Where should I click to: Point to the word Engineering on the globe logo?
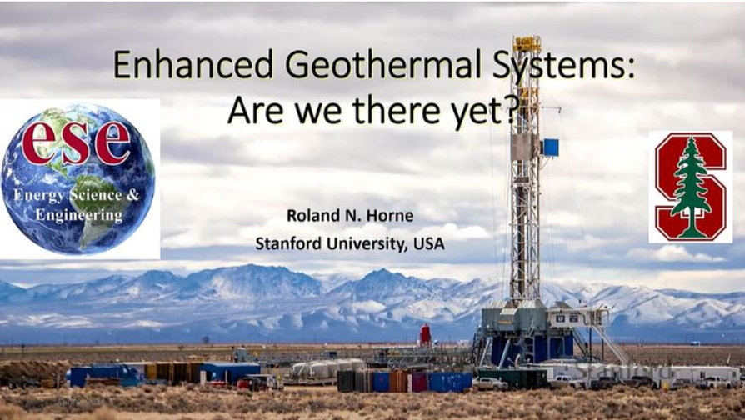(78, 216)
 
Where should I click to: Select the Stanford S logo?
(691, 187)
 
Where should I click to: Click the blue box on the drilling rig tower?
(550, 147)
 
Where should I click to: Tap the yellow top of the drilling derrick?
(527, 43)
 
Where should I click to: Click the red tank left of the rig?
(426, 335)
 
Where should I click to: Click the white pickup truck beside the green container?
(491, 383)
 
